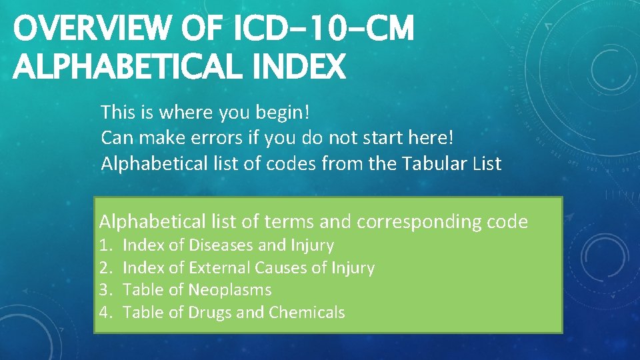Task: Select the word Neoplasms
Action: point(230,290)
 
